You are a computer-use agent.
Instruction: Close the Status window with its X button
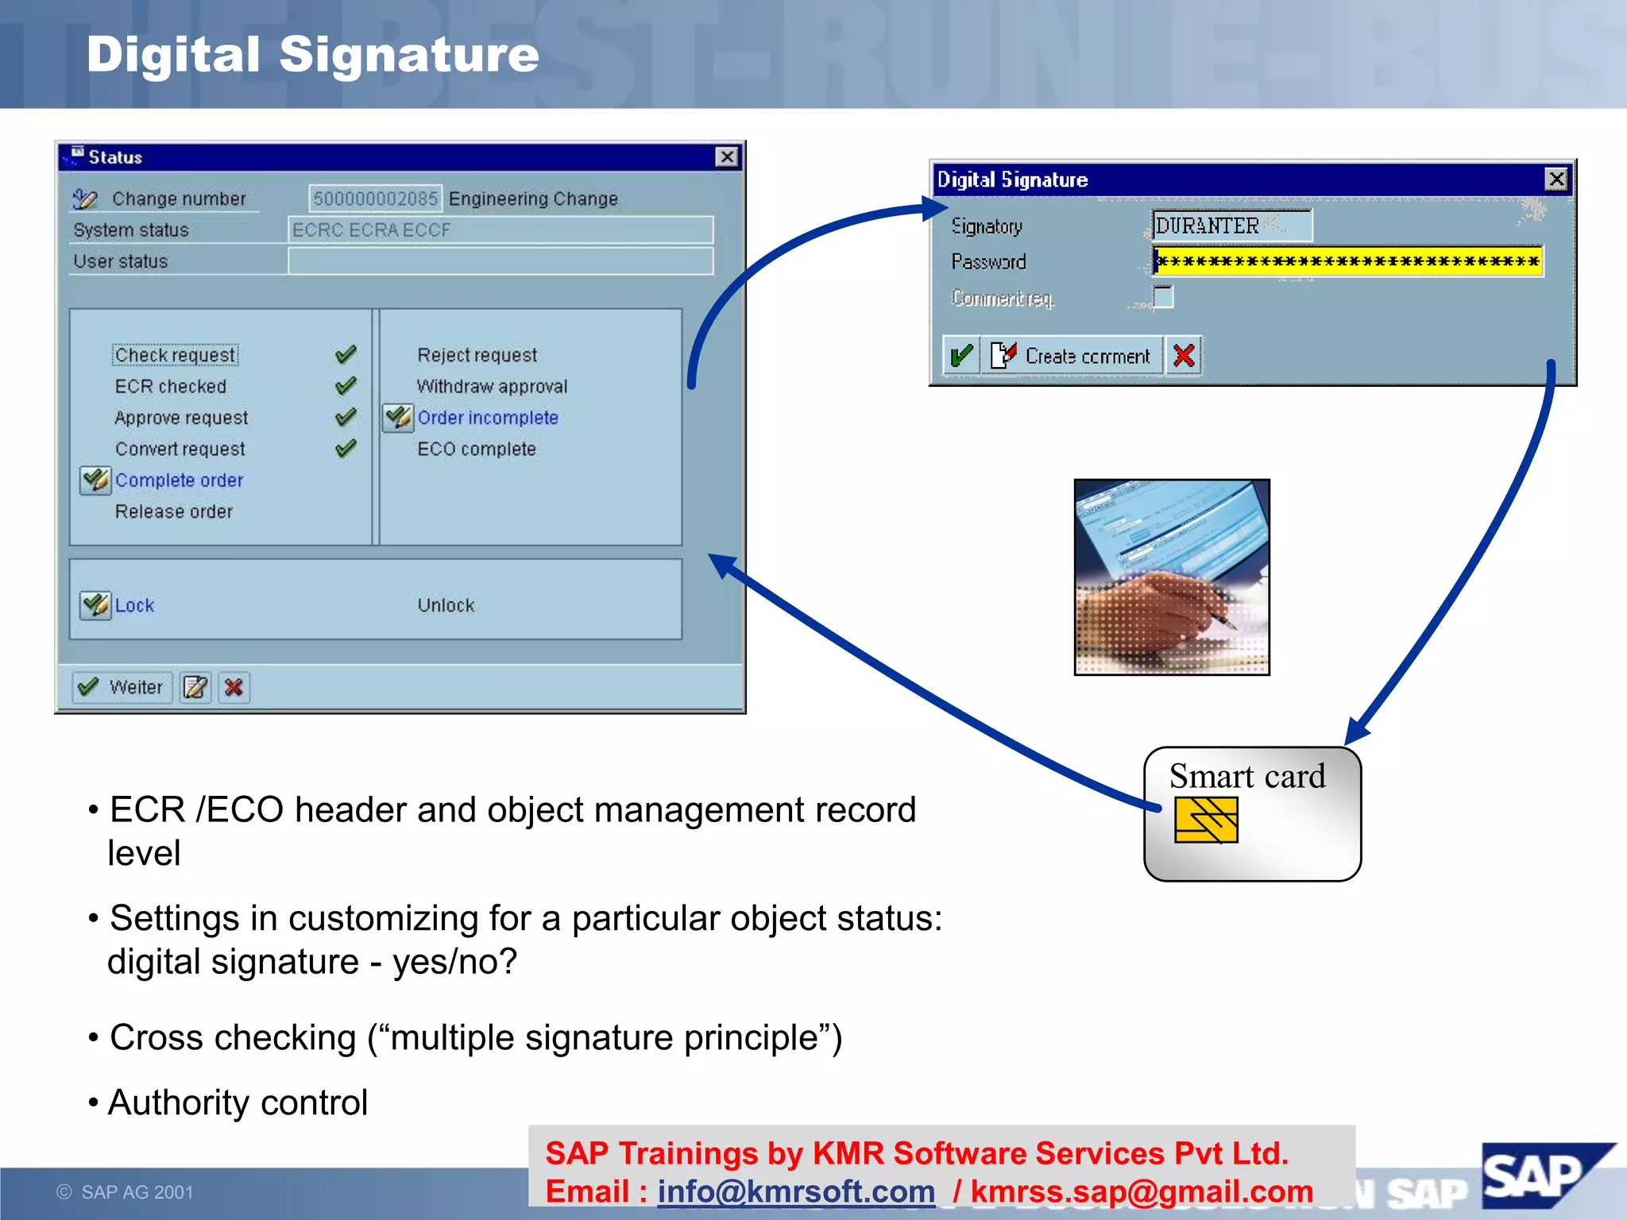pos(727,157)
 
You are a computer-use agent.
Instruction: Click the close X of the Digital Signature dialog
pos(1556,180)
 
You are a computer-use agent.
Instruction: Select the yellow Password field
pos(1347,261)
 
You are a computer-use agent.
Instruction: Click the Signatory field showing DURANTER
pos(1231,226)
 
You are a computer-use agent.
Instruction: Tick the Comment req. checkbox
pos(1163,297)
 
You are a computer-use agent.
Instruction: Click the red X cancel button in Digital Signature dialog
pos(1184,356)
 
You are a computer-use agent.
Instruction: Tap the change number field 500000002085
pos(375,199)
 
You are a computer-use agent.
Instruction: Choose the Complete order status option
pos(179,481)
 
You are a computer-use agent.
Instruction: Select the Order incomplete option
pos(488,418)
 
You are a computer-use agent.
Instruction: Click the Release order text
pos(174,512)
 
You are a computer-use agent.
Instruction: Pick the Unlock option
pos(446,605)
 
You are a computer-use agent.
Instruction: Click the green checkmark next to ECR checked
pos(346,387)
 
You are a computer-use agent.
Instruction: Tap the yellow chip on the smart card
pos(1206,820)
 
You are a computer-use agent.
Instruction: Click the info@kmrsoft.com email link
pos(796,1191)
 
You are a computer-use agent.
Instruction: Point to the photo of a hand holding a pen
pos(1172,577)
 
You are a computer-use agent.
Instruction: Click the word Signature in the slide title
pos(409,55)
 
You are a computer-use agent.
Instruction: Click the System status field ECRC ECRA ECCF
pos(500,230)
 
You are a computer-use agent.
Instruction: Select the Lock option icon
pos(95,605)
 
